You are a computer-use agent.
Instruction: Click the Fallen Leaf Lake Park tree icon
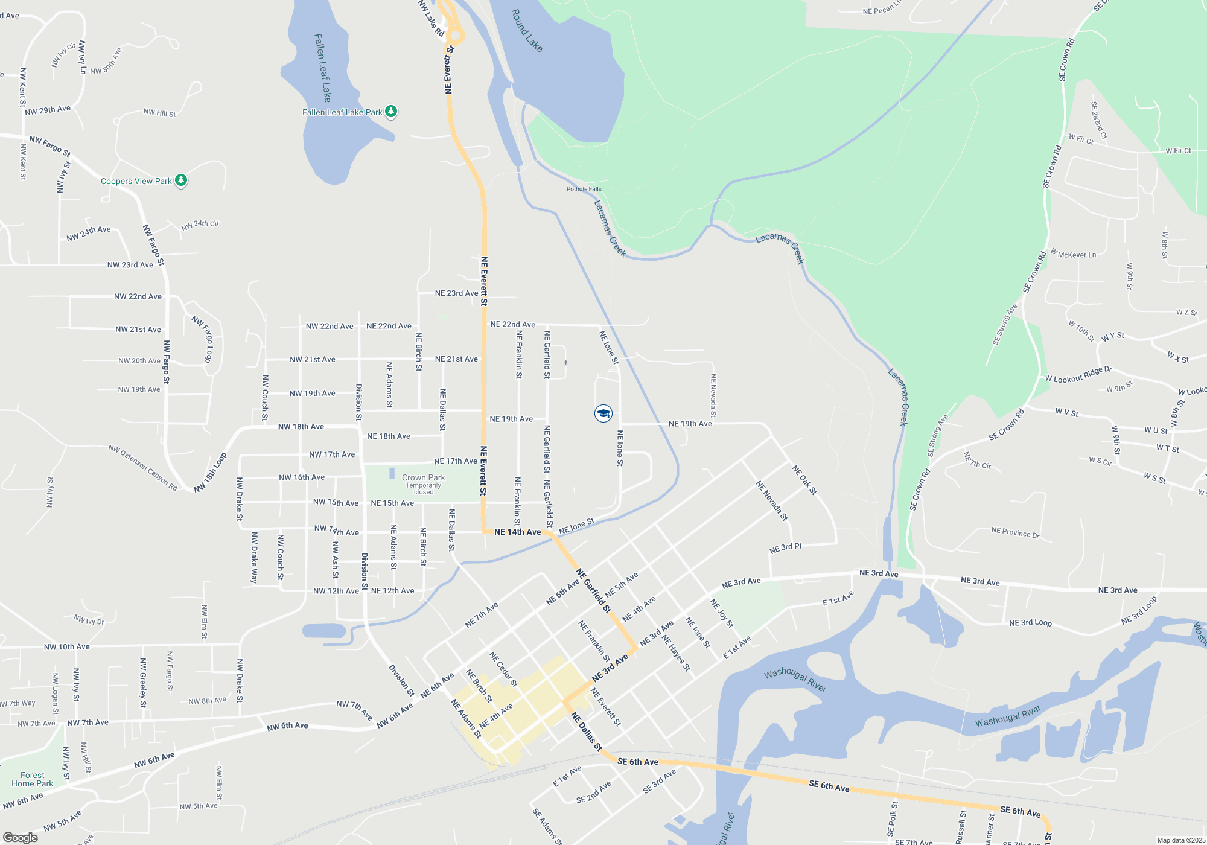point(391,112)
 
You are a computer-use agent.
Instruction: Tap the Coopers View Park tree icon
point(181,180)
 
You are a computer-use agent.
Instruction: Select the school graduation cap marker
point(603,413)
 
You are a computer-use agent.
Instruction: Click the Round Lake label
point(527,30)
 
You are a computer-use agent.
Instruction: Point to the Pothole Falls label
point(584,189)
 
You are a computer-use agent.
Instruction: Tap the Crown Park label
point(423,477)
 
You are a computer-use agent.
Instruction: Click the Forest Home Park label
point(33,779)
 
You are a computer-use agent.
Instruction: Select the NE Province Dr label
point(1015,532)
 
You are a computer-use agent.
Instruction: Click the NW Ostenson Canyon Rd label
point(143,467)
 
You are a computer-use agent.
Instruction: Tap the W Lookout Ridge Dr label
point(1078,375)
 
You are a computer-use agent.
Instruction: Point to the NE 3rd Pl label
point(785,548)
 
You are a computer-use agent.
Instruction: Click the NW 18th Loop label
point(210,473)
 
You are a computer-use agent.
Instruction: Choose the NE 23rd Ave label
point(456,293)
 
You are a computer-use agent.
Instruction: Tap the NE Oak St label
point(804,480)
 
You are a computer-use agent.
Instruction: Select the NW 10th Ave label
point(66,647)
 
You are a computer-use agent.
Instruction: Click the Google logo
point(20,837)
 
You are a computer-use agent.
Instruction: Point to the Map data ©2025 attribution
point(1180,840)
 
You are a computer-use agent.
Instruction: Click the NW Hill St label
point(159,113)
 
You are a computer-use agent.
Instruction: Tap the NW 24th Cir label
point(200,225)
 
